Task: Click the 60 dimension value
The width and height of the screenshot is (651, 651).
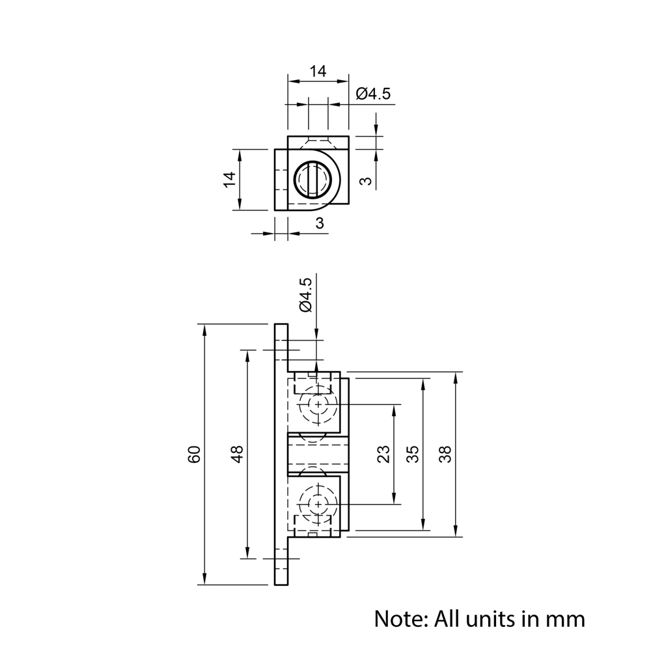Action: pos(194,454)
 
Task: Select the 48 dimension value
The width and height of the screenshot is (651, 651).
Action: pos(238,454)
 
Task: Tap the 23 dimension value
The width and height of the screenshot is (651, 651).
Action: pos(383,454)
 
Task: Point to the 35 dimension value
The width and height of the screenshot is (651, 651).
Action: pos(413,454)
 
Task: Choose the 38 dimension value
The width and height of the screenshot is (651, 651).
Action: pos(445,454)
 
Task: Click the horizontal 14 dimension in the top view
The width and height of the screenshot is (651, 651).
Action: pos(318,72)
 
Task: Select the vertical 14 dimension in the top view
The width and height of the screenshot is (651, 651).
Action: pos(230,179)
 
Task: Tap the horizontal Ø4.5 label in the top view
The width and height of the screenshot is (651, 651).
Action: pos(373,94)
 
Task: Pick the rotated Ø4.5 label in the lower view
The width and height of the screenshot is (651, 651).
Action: pos(305,295)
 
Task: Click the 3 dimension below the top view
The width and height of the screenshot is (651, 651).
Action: pos(319,223)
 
